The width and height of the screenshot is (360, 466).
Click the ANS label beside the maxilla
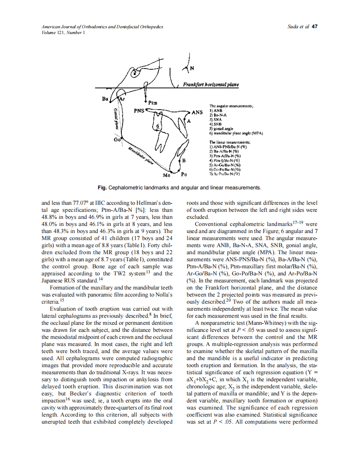pyautogui.click(x=197, y=112)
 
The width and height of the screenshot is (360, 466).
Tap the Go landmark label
pyautogui.click(x=117, y=140)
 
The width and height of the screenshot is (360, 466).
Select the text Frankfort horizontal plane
pyautogui.click(x=211, y=85)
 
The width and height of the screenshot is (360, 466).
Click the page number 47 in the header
pyautogui.click(x=314, y=27)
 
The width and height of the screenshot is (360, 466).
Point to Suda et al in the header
pyautogui.click(x=298, y=27)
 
